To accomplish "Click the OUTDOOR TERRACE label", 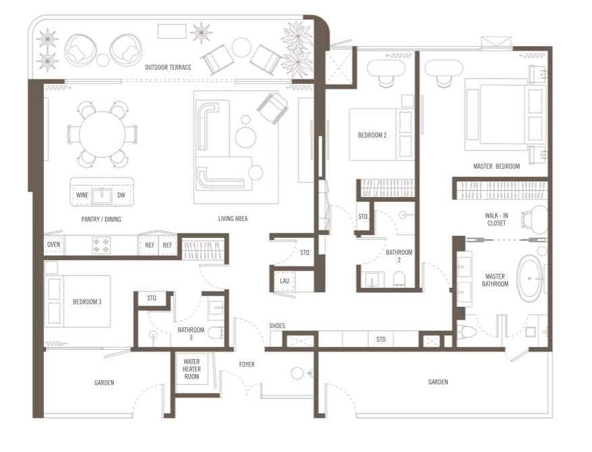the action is point(168,67).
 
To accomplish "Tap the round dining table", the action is point(102,134).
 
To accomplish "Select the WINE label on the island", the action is point(83,195).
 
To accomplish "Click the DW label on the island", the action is point(121,195).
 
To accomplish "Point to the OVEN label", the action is point(54,245).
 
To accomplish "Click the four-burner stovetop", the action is point(102,245).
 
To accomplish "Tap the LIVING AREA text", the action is point(232,218).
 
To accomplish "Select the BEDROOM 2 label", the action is point(373,135).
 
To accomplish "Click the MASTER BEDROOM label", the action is point(496,166).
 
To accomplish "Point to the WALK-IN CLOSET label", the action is point(496,220).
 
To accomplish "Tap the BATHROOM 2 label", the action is point(399,255).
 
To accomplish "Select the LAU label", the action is point(284,281).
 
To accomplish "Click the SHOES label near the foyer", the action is point(277,325).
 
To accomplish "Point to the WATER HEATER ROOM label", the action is point(192,369).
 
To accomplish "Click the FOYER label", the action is point(247,365).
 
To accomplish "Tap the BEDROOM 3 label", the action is point(87,302).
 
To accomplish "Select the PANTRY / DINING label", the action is point(101,219).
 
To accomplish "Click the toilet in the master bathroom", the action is point(467,332).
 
